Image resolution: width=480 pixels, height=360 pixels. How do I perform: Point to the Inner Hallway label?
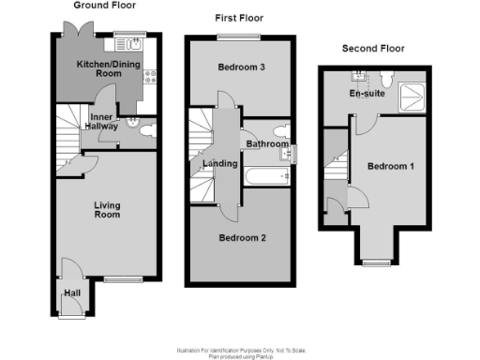(x=102, y=123)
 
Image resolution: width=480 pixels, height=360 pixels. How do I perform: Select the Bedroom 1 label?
(x=391, y=166)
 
